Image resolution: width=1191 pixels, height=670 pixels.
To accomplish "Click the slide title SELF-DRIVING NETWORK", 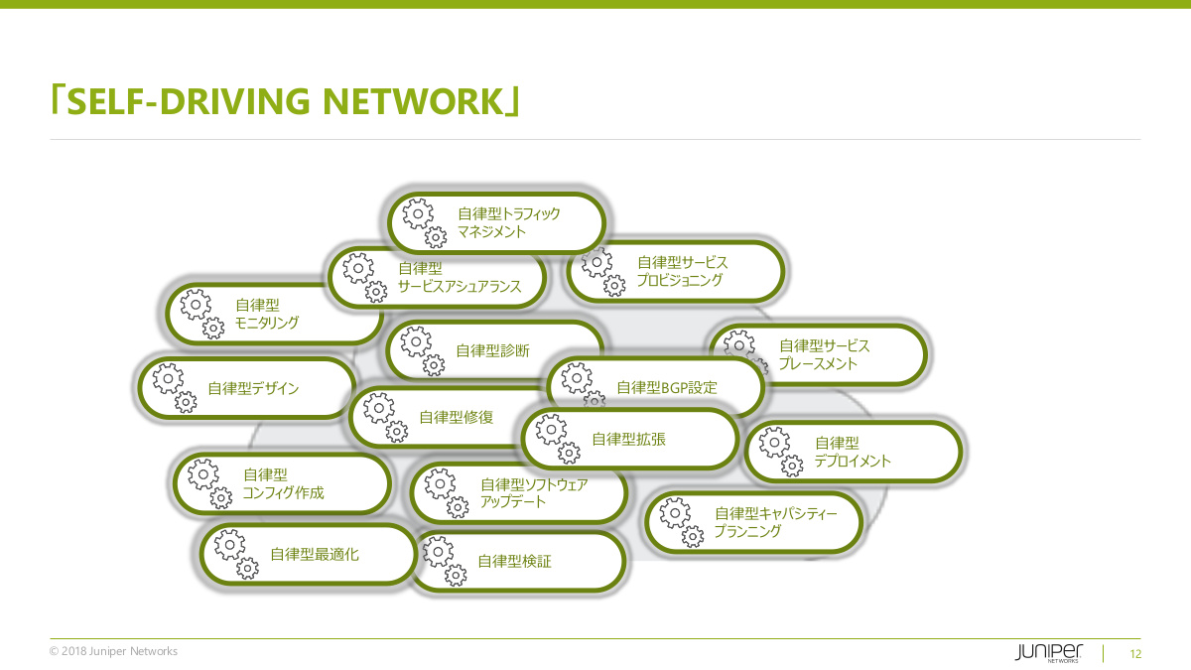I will (x=286, y=100).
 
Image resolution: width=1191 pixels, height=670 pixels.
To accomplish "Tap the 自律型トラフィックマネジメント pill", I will (x=496, y=222).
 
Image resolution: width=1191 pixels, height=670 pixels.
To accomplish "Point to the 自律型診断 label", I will (x=492, y=350).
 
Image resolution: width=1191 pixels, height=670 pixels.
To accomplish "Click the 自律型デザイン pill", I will (x=248, y=388).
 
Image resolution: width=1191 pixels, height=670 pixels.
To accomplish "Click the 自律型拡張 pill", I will (x=629, y=439).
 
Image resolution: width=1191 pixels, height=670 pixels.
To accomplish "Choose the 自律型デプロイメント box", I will (x=854, y=452).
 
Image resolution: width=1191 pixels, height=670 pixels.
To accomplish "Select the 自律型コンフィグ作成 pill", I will (x=283, y=483).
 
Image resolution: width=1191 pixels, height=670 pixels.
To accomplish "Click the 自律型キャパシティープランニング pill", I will (x=754, y=522).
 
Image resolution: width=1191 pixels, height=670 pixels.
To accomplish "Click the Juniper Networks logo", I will (x=1049, y=652).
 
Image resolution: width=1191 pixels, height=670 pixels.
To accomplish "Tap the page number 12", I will (x=1135, y=654).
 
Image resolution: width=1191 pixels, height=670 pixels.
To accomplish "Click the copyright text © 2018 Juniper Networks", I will (x=113, y=651).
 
